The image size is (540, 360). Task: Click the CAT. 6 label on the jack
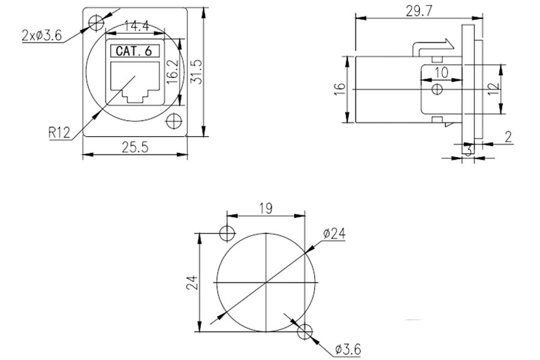pyautogui.click(x=133, y=52)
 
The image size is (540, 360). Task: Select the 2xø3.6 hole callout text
pyautogui.click(x=41, y=35)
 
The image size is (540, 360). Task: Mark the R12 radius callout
pyautogui.click(x=59, y=133)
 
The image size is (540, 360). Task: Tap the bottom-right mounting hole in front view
pyautogui.click(x=174, y=121)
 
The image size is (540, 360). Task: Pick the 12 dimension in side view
pyautogui.click(x=493, y=89)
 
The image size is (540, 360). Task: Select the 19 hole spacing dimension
pyautogui.click(x=267, y=208)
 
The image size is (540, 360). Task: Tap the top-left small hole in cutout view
pyautogui.click(x=228, y=233)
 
